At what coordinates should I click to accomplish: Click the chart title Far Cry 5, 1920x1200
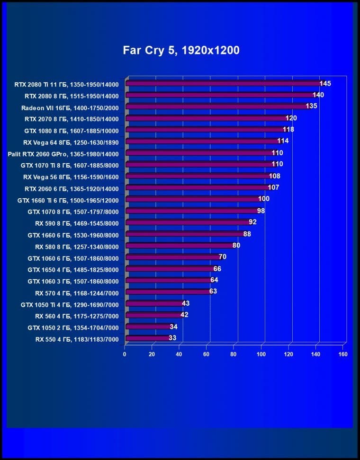[x=181, y=50]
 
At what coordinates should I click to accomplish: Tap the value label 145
[x=325, y=84]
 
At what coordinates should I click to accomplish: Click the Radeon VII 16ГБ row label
[x=70, y=107]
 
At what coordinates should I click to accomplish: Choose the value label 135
[x=311, y=106]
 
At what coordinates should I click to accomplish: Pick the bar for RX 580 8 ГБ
[x=180, y=246]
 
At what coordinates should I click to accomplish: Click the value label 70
[x=222, y=257]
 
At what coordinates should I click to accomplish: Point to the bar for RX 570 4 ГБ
[x=168, y=292]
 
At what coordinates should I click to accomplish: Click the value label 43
[x=186, y=303]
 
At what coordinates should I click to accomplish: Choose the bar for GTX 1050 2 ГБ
[x=149, y=327]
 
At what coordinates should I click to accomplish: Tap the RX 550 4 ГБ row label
[x=76, y=339]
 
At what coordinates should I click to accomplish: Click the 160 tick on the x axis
[x=343, y=354]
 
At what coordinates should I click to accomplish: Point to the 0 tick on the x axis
[x=125, y=354]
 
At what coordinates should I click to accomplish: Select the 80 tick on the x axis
[x=234, y=354]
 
